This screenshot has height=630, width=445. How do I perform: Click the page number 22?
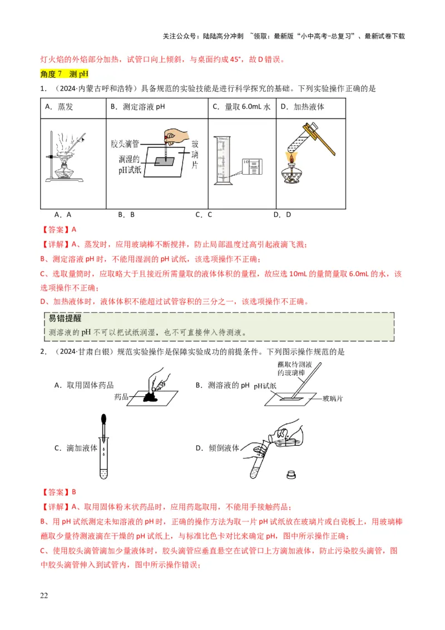44,596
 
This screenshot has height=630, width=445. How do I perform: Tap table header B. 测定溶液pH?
137,107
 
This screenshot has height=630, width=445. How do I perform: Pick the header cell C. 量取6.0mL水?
241,107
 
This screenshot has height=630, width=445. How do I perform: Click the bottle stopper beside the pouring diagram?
289,475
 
